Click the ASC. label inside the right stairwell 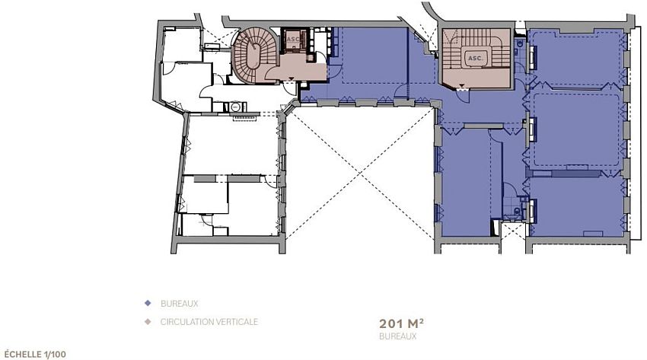pyautogui.click(x=475, y=58)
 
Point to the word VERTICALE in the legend pyautogui.click(x=237, y=322)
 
